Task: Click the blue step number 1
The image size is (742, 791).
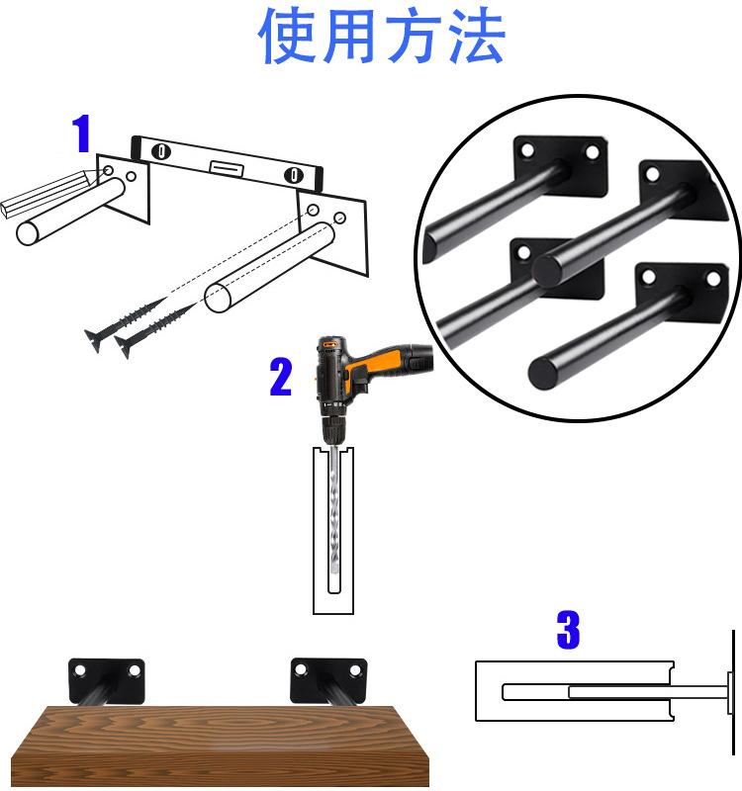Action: pos(82,133)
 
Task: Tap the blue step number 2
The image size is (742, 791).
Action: pos(281,377)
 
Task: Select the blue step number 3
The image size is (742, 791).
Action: pos(568,630)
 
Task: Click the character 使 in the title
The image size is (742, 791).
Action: pos(288,37)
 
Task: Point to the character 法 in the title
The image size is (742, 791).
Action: pos(476,37)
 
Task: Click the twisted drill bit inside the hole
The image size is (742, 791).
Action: pos(333,509)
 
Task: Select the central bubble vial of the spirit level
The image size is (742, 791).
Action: pos(228,167)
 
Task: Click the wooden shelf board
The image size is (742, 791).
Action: pos(221,746)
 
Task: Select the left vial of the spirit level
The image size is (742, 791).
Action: pos(161,151)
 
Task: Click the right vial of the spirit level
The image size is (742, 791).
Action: pos(293,175)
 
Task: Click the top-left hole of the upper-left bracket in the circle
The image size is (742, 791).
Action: pos(526,150)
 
